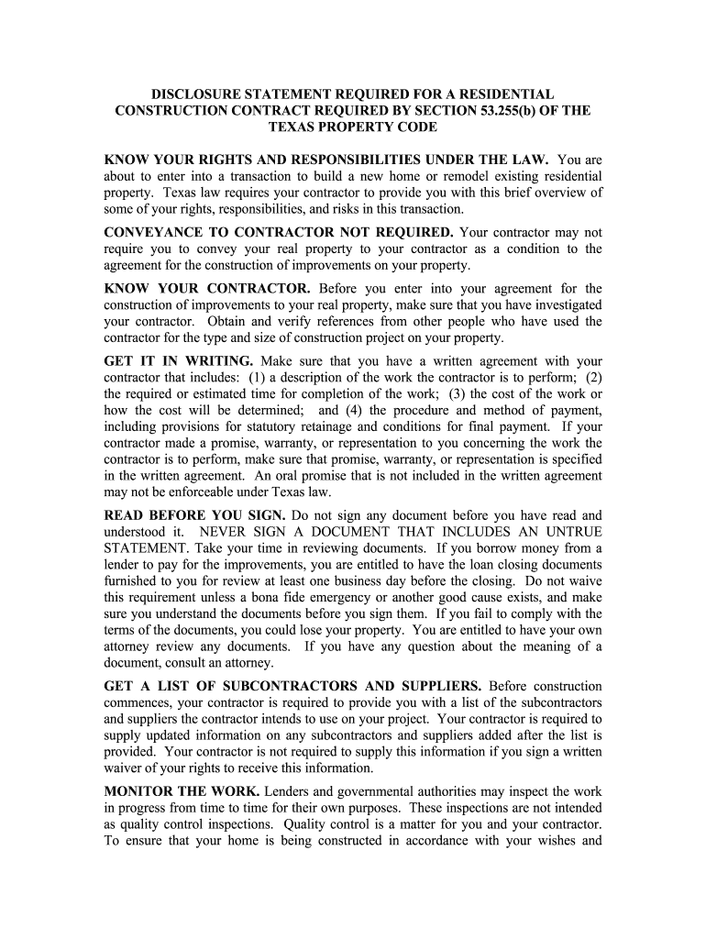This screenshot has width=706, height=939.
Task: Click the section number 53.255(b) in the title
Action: pyautogui.click(x=501, y=111)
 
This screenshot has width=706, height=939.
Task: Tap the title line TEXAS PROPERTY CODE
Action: pyautogui.click(x=353, y=127)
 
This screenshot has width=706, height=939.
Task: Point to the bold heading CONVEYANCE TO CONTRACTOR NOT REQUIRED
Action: pyautogui.click(x=279, y=233)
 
